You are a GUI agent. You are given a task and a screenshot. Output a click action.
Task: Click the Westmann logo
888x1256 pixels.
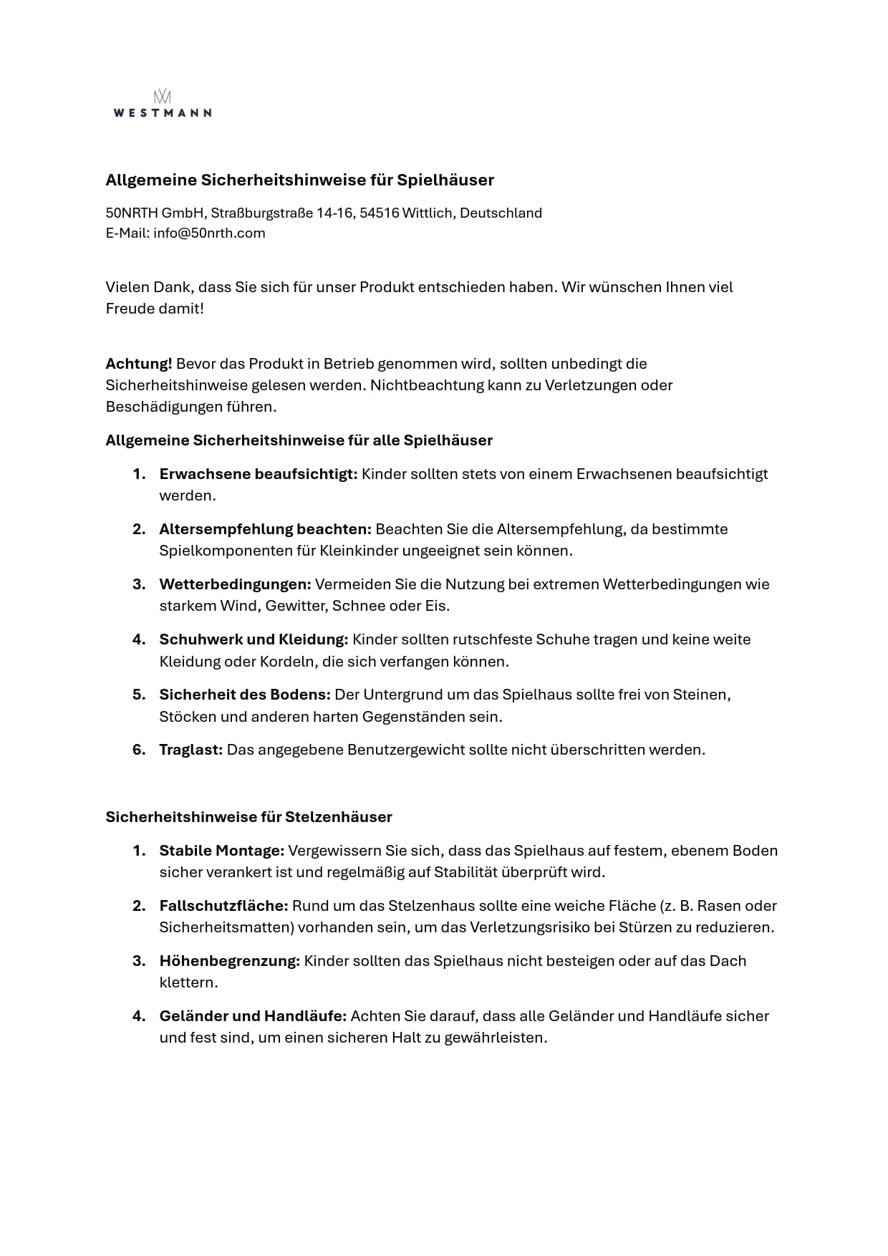tap(162, 104)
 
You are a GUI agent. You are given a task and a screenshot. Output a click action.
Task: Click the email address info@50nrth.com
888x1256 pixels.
tap(209, 233)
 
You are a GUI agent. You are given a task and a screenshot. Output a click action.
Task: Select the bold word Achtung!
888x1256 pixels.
tap(139, 364)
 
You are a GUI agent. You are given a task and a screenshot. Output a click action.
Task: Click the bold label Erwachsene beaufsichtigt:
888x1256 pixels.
tap(258, 474)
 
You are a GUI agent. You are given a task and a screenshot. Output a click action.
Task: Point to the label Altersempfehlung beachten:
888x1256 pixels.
tap(265, 529)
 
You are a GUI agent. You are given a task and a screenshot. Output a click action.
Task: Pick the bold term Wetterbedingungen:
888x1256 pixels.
tap(235, 584)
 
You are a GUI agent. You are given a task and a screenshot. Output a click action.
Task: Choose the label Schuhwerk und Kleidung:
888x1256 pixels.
tap(254, 639)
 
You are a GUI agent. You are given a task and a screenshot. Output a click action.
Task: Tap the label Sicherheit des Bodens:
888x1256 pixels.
tap(245, 695)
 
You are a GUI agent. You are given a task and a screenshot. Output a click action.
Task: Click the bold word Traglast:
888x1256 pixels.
tap(191, 750)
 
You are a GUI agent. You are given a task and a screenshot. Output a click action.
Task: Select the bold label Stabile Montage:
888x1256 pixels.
tap(222, 851)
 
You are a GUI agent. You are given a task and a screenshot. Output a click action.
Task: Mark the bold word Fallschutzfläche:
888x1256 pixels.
tap(223, 906)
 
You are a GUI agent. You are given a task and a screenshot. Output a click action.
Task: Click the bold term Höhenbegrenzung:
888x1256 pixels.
tap(229, 961)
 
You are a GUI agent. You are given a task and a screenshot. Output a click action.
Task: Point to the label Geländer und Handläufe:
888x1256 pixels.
tap(253, 1016)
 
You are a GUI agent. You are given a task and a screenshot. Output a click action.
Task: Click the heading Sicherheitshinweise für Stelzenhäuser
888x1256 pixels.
tap(248, 817)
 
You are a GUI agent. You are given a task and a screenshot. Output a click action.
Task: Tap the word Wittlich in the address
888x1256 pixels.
tap(428, 213)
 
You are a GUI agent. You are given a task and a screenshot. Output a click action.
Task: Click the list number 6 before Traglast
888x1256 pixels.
tap(138, 750)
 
